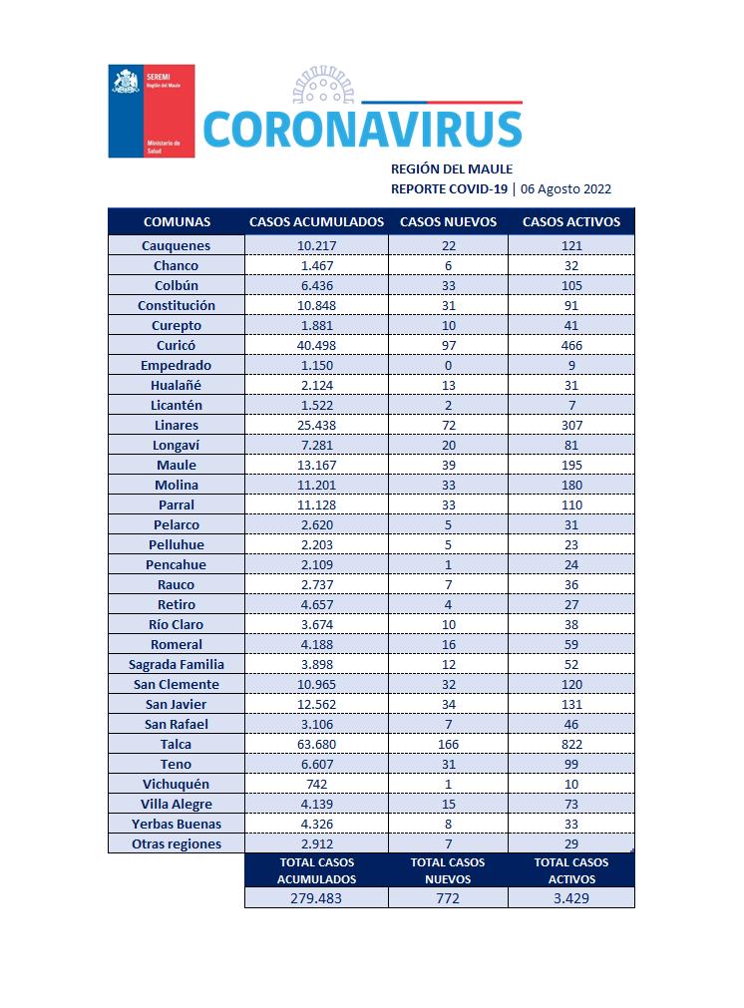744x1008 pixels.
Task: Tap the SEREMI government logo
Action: [x=151, y=111]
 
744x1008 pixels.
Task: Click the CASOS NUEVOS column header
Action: [x=448, y=221]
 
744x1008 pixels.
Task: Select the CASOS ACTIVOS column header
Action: [x=571, y=221]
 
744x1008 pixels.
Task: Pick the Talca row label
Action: [x=176, y=744]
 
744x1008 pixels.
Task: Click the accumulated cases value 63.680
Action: [x=316, y=744]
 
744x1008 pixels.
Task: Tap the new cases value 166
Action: [x=448, y=744]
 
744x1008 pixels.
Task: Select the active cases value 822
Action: [x=571, y=744]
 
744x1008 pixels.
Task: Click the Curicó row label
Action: [x=176, y=345]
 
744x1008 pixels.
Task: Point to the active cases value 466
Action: [x=571, y=345]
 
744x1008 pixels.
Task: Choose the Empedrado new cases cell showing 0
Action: [x=448, y=365]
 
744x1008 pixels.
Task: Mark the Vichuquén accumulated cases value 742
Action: [x=316, y=784]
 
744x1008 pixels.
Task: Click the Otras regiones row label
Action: [x=176, y=843]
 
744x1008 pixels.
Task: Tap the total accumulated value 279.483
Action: [x=316, y=897]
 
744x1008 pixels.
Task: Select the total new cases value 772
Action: [x=448, y=897]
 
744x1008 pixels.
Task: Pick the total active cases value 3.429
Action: [x=571, y=897]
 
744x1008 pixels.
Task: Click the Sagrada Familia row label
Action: [x=176, y=664]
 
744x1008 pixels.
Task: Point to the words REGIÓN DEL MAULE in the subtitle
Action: [x=451, y=169]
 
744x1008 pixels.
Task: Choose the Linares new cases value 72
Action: [x=448, y=425]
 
